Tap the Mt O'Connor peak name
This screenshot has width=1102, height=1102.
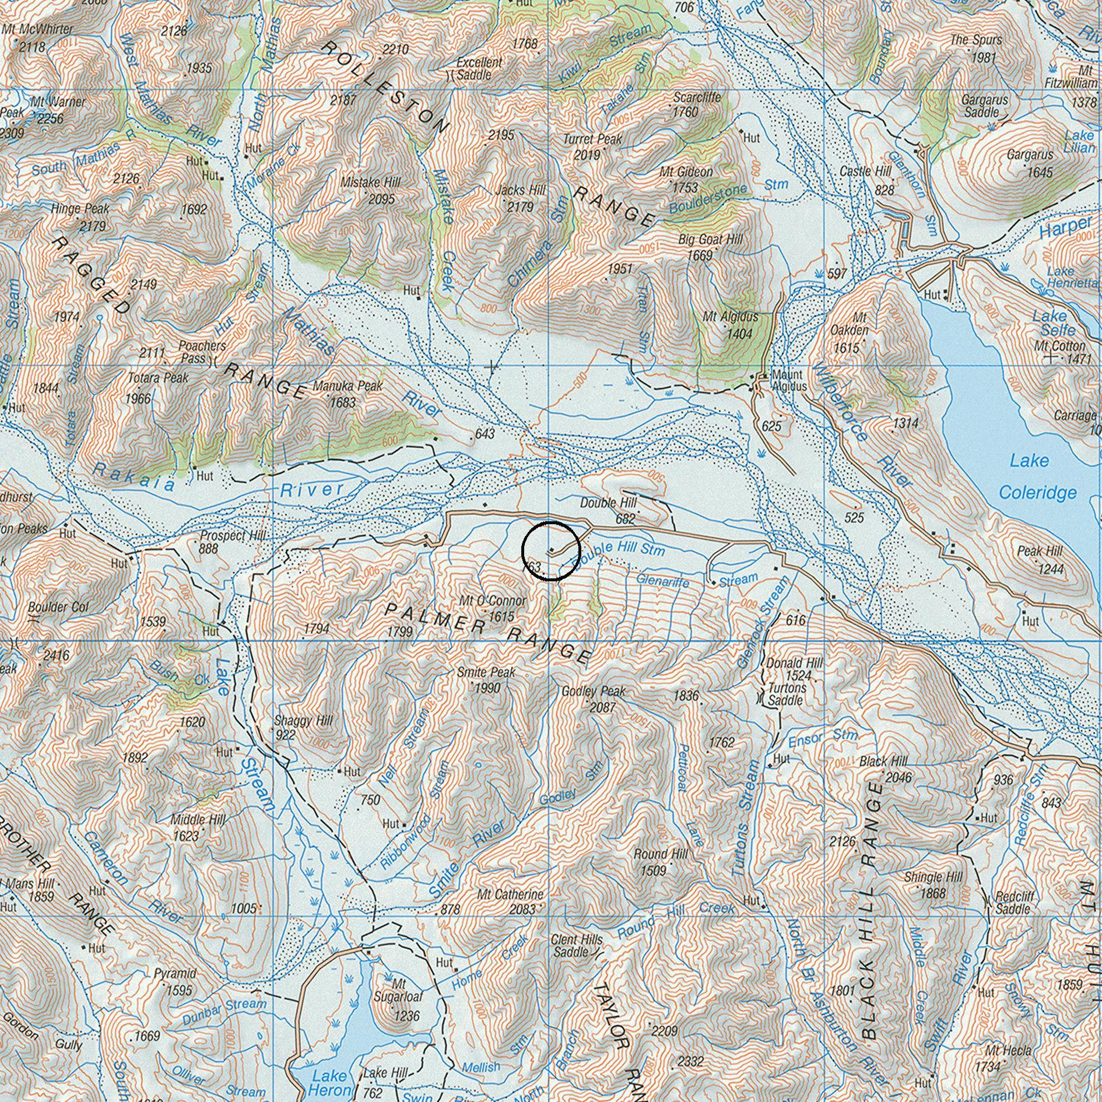492,601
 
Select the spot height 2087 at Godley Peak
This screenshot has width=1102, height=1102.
602,708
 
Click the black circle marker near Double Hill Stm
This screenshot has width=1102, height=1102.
551,550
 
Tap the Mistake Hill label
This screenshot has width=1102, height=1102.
371,183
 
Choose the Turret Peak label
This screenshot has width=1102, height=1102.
592,139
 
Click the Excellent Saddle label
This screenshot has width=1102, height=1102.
479,68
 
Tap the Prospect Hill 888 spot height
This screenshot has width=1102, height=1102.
208,549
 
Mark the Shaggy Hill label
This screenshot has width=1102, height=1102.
303,721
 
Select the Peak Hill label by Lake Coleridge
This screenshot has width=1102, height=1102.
1040,551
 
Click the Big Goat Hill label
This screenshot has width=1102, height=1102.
710,240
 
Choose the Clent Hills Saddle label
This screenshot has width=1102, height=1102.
576,945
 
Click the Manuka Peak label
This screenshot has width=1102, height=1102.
348,386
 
